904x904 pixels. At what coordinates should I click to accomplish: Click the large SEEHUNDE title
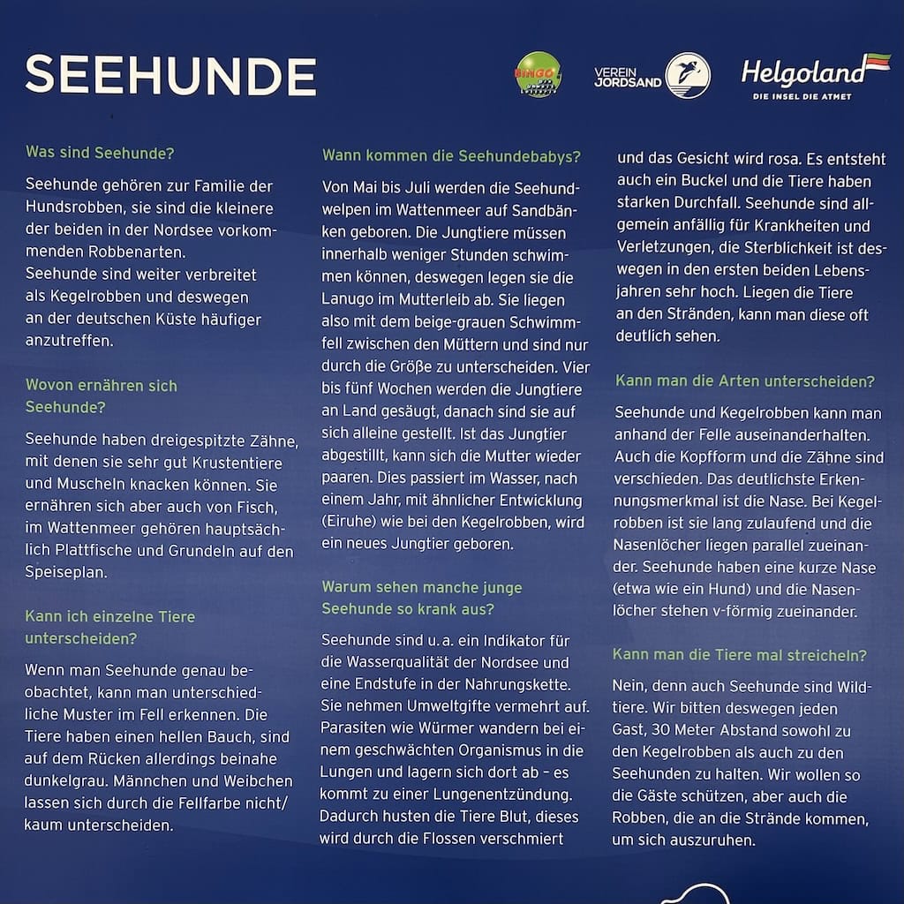tap(170, 76)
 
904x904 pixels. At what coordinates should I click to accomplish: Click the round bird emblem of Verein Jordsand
tap(688, 75)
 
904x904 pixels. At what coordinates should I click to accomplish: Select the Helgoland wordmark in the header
tap(802, 72)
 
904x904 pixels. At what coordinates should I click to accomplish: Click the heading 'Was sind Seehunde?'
tap(100, 152)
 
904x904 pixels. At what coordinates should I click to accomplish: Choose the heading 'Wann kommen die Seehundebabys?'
tap(451, 156)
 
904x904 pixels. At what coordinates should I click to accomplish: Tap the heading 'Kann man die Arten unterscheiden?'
tap(745, 381)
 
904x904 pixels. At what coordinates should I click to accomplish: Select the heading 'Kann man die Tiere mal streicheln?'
tap(740, 655)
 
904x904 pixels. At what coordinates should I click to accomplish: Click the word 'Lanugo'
tap(348, 300)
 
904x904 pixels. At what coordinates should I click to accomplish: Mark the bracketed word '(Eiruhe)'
tap(350, 522)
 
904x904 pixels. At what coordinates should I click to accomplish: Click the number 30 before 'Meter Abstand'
tap(659, 731)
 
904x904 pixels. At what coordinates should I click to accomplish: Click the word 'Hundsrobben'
tap(70, 209)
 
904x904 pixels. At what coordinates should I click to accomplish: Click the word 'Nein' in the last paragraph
tap(630, 685)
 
